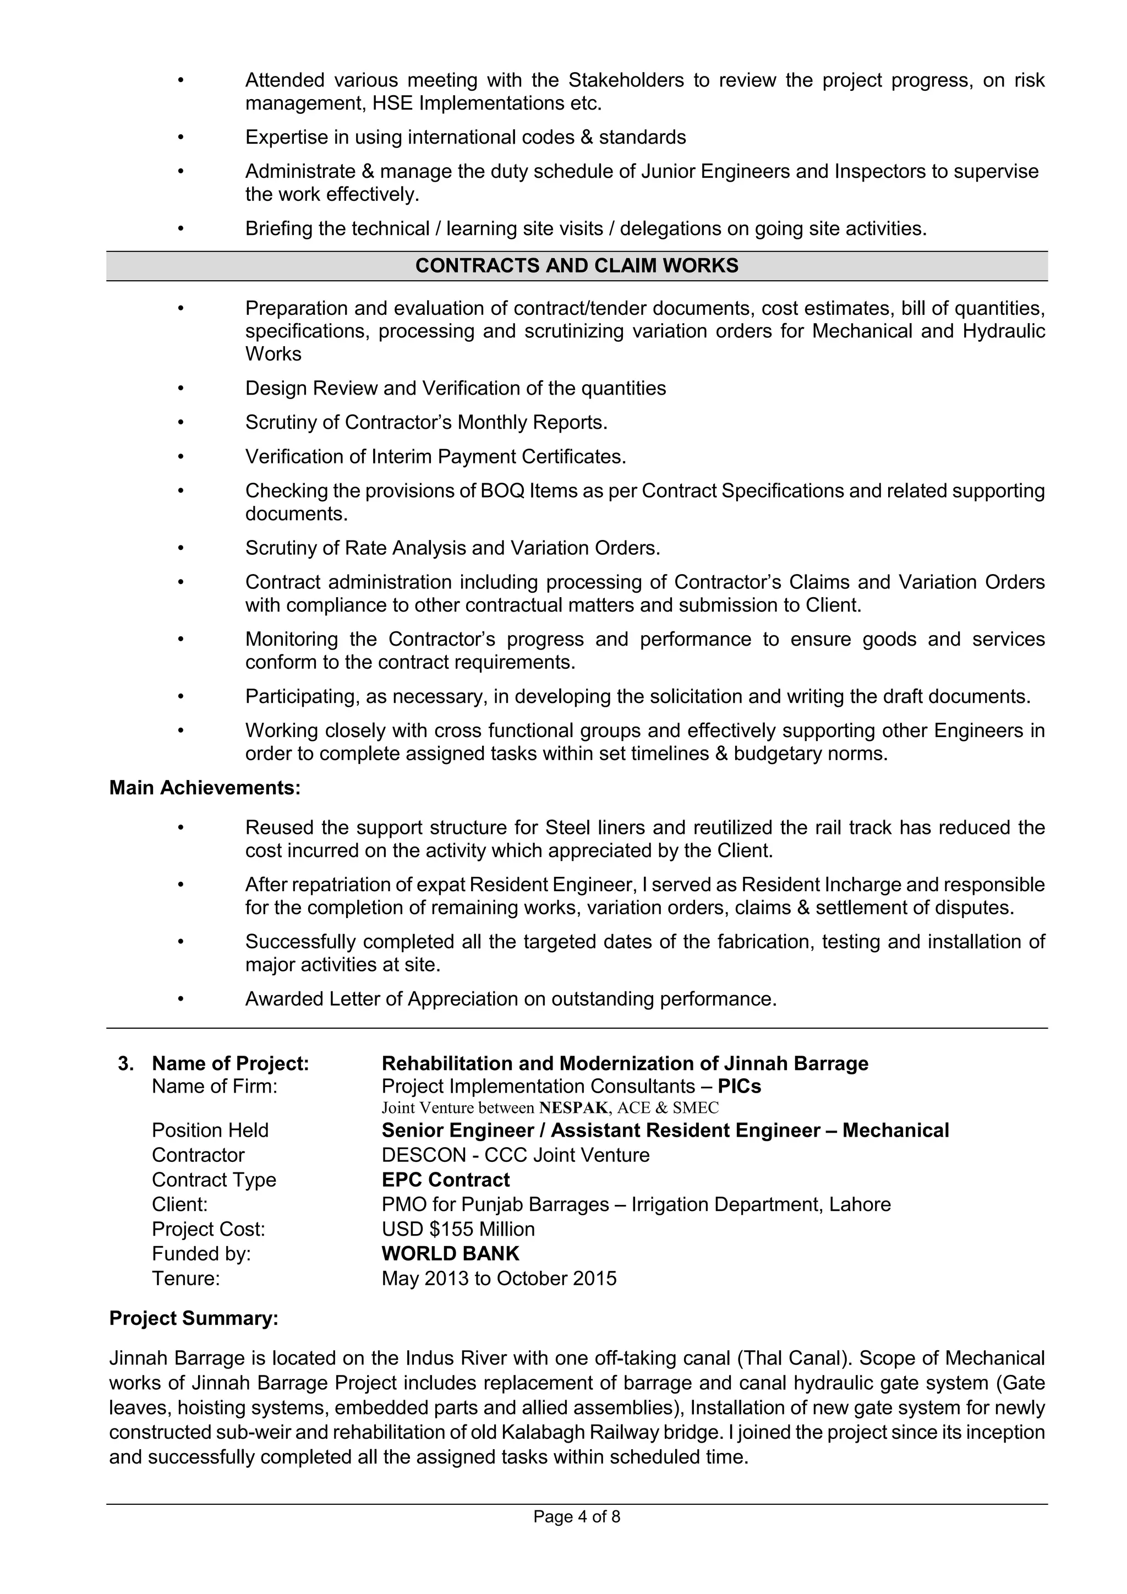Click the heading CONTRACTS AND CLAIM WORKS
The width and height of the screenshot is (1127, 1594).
point(577,266)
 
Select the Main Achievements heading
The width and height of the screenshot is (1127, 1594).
point(205,788)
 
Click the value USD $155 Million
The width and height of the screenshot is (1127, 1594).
point(458,1229)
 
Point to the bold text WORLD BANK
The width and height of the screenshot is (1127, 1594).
point(450,1253)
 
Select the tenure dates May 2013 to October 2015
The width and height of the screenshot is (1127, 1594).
point(499,1278)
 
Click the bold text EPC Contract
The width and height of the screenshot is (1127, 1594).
point(446,1180)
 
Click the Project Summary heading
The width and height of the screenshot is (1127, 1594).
point(194,1318)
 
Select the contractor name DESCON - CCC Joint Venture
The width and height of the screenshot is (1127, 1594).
point(516,1155)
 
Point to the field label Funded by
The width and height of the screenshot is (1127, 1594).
point(201,1253)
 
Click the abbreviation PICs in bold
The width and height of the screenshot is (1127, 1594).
point(739,1086)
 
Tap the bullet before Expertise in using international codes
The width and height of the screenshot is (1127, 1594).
point(180,138)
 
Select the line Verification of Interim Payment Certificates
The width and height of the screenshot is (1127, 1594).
point(435,457)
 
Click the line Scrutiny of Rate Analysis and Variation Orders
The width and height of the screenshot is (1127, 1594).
point(452,548)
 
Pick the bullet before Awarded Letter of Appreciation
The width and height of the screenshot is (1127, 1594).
point(180,999)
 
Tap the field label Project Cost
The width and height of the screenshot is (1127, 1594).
point(208,1229)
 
